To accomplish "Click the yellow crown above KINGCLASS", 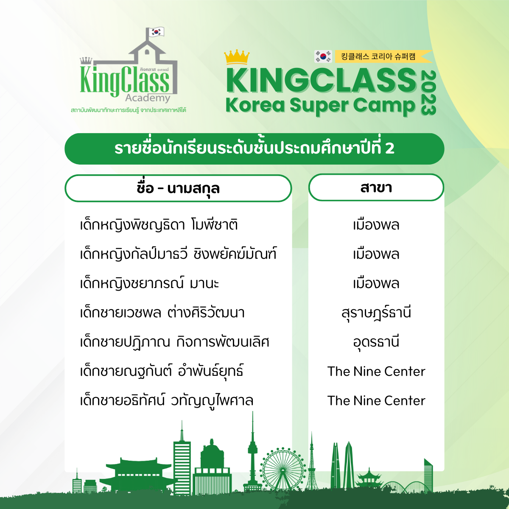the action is tap(237, 57).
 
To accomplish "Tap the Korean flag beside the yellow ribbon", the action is tap(323, 56).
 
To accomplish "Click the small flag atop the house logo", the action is tap(156, 32).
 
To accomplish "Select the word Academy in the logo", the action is tap(148, 98).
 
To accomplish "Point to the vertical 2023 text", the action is tap(428, 93).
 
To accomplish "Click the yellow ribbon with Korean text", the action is tap(383, 56).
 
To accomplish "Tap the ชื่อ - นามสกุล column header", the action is tap(178, 188).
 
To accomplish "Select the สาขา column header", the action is tap(376, 187).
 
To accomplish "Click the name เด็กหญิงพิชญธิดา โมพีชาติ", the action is tap(159, 225).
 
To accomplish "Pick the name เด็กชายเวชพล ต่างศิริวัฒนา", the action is tap(162, 313).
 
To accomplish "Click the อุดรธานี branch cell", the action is tap(376, 342).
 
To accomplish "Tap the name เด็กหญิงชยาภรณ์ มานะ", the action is tap(149, 284).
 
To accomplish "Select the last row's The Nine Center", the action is tap(376, 400).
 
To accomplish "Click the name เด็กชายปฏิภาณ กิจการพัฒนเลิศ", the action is tap(175, 342).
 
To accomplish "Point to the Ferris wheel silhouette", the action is tap(282, 470).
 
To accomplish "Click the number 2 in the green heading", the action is tap(390, 148).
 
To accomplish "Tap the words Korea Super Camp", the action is tap(321, 105).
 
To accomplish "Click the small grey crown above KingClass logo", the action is tap(86, 61).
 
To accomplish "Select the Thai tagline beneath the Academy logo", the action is tap(129, 110).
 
